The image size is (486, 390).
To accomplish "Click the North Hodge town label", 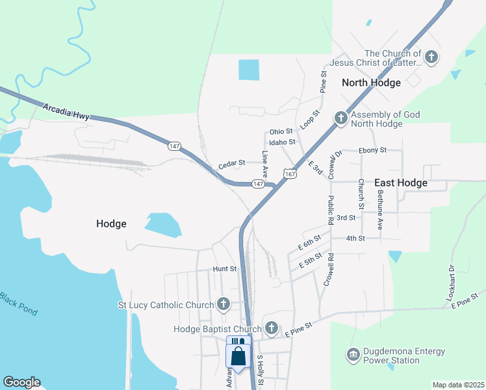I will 371,83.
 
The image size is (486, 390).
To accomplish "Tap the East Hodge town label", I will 401,183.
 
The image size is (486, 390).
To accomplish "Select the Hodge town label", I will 111,224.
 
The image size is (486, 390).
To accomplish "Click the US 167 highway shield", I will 290,174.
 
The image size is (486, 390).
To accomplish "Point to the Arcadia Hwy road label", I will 66,110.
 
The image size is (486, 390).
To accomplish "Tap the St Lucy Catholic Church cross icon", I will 224,304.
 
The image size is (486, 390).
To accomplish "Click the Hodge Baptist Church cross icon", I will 272,328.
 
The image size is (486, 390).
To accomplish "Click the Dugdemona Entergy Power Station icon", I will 353,356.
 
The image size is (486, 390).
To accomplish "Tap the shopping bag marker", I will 238,356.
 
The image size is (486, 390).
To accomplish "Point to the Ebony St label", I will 372,150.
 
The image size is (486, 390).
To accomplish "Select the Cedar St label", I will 231,163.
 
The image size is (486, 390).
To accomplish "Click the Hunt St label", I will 224,268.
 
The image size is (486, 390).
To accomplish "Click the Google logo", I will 21,382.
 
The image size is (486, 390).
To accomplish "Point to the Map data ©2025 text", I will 457,385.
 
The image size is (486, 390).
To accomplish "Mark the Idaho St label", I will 282,142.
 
